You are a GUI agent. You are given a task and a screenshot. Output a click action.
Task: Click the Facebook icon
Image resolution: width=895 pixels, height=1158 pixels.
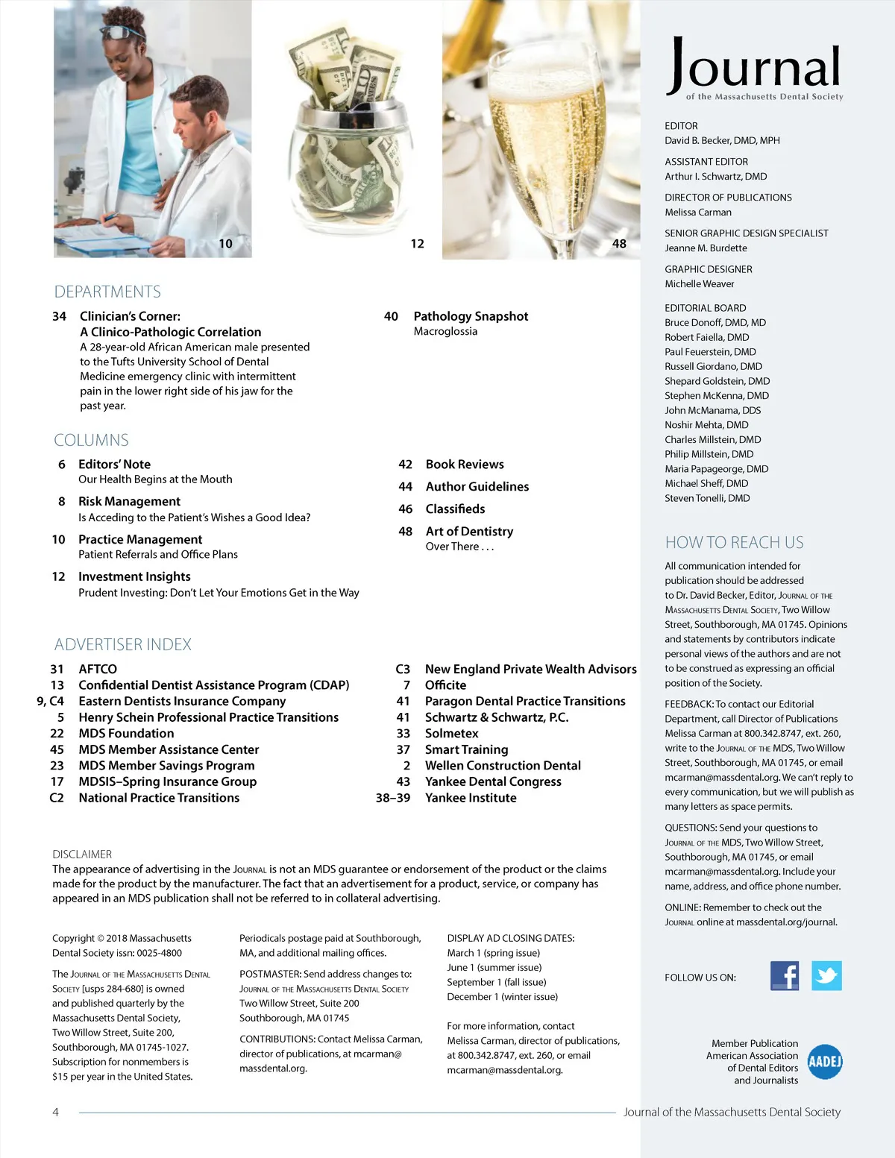784,975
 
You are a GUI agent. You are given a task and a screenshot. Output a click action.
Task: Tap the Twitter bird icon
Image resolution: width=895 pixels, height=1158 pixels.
826,975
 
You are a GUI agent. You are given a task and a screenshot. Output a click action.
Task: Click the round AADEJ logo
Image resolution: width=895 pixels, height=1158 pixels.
825,1061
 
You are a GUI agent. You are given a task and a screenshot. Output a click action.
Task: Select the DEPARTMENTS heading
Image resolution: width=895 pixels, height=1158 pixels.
107,292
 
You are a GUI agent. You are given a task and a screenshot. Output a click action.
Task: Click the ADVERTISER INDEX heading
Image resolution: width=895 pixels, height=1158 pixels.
123,644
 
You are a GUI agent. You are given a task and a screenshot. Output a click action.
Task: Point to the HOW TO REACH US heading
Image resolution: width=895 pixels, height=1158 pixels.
734,542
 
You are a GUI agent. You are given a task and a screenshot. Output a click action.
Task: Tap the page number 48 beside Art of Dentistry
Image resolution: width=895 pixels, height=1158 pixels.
405,532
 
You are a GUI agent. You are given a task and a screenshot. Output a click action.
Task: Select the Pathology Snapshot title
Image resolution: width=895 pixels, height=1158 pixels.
471,316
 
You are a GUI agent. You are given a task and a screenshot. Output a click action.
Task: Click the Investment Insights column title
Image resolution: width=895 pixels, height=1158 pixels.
134,576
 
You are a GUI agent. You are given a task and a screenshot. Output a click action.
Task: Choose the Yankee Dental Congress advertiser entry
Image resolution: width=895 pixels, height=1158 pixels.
493,781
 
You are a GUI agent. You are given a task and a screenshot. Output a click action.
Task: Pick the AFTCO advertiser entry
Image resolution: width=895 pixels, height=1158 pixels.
98,669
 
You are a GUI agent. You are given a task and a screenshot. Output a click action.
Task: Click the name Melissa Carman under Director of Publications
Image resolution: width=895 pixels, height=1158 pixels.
698,212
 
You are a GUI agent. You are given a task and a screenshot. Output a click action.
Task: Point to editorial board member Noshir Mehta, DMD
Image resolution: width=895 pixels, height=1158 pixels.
706,425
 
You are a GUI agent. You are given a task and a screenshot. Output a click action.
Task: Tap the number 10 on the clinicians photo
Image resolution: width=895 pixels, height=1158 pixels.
225,244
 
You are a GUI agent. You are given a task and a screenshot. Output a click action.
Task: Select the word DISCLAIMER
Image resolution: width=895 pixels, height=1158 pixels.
82,855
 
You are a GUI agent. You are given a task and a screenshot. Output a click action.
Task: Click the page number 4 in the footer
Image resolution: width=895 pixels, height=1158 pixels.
55,1112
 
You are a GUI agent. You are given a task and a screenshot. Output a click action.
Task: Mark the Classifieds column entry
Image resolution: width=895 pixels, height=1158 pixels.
455,509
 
